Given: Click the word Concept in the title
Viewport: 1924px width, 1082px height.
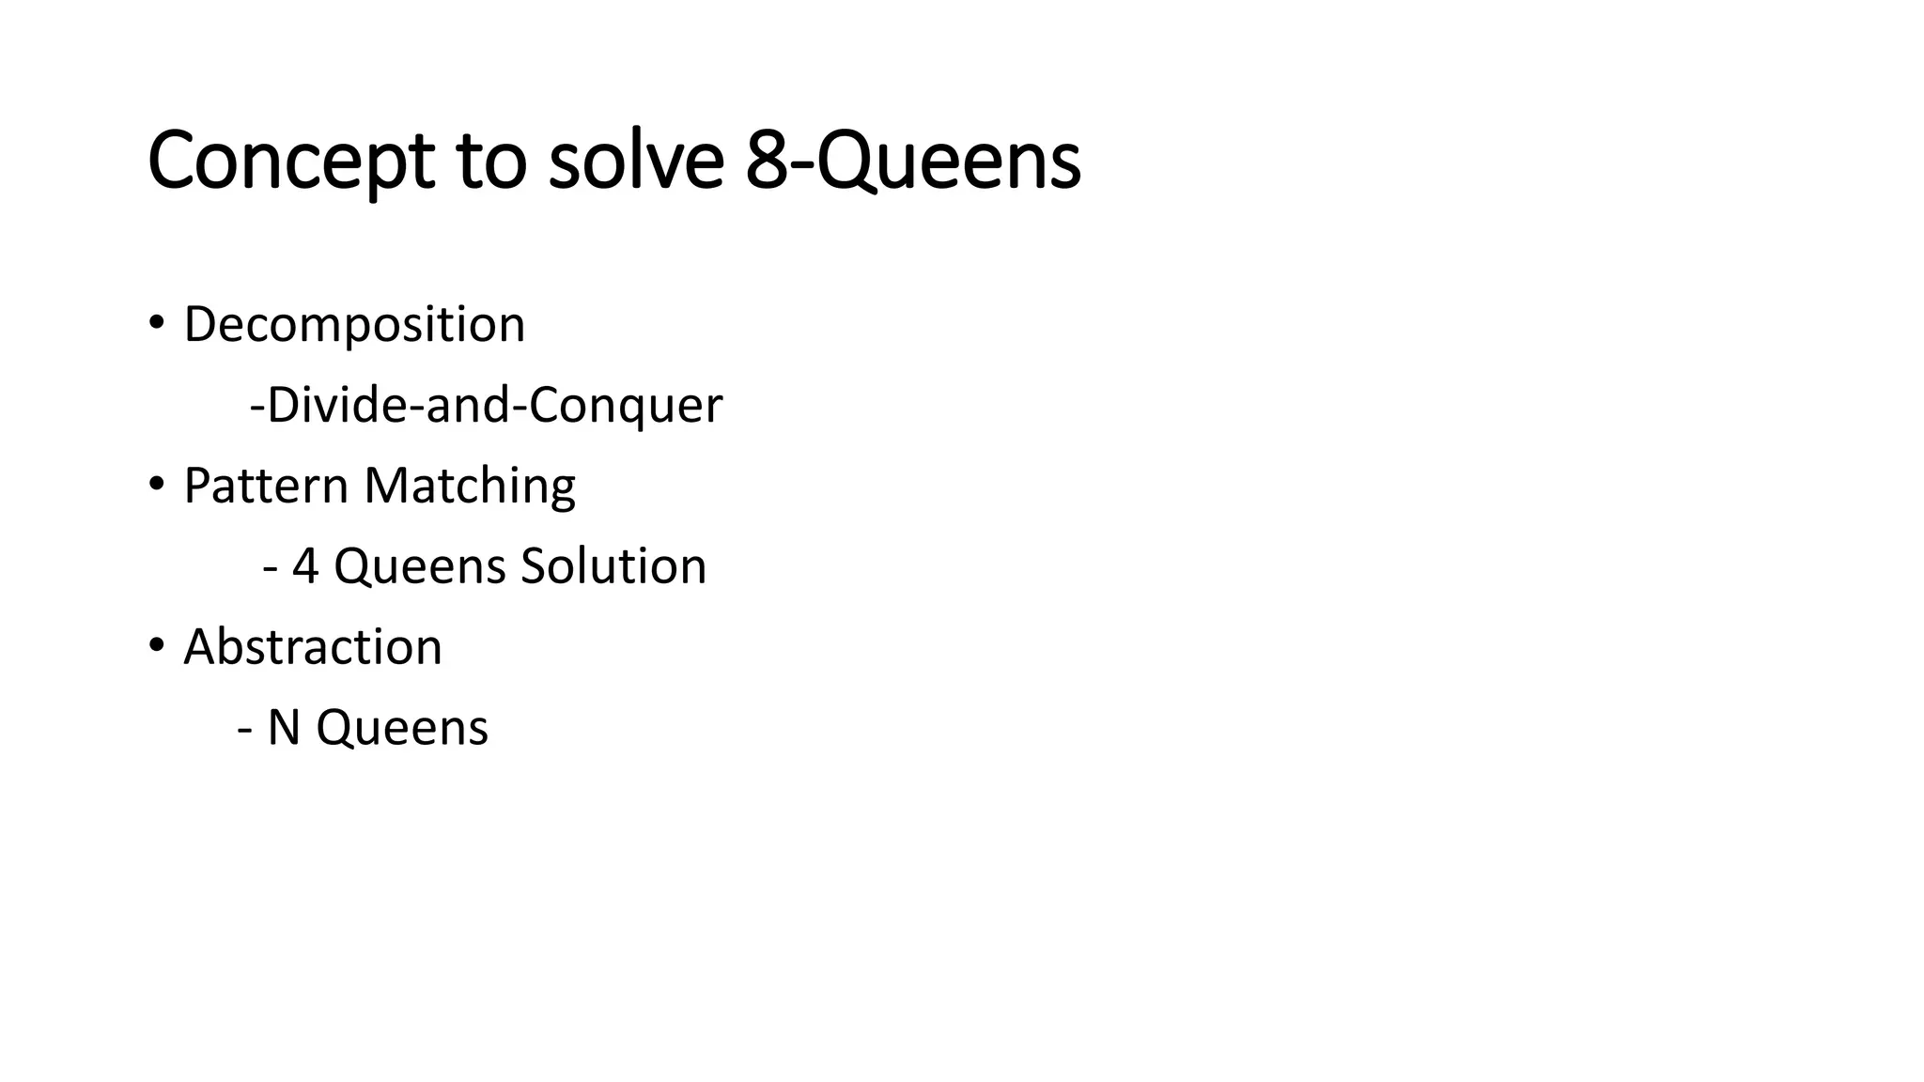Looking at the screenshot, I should coord(290,161).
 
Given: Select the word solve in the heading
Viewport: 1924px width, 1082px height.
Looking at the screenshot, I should coord(636,161).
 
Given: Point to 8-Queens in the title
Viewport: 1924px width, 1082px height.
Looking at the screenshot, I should coord(913,161).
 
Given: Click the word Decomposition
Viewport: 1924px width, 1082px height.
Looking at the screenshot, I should coord(354,325).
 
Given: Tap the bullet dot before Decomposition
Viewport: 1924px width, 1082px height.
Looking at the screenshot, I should coord(156,323).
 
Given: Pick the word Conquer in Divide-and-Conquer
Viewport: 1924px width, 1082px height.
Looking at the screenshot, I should coord(626,406).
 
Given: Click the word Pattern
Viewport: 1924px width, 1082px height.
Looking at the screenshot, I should coord(266,487).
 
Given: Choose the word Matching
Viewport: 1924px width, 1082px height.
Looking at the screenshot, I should coord(470,487).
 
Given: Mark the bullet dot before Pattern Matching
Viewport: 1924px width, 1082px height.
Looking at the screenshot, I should coord(156,485).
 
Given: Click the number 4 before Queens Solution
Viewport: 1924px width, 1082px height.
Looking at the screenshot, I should coord(305,566).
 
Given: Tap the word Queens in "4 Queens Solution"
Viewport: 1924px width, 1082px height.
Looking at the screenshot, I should coord(420,566).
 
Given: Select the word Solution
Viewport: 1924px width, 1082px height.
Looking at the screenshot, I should coord(613,566).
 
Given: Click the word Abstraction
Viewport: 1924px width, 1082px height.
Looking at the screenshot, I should coord(313,647).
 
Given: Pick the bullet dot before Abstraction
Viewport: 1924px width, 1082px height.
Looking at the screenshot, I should coord(156,646).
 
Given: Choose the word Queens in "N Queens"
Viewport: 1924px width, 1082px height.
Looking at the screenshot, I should coord(402,728).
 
